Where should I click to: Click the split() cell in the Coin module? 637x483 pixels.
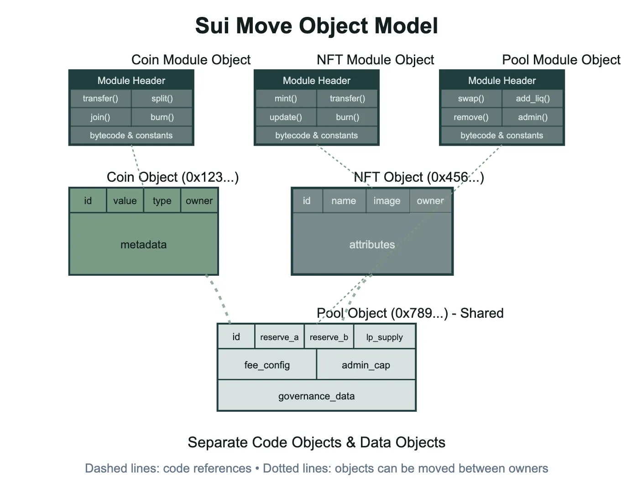[162, 99]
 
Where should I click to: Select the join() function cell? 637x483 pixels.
[100, 117]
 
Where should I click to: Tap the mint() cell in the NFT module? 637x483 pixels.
[286, 99]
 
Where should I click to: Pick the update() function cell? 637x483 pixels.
[286, 117]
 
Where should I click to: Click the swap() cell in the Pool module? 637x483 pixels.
[471, 99]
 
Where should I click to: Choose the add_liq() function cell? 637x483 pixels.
[533, 99]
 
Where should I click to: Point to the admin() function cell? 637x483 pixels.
[533, 117]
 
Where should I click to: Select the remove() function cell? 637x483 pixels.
[471, 117]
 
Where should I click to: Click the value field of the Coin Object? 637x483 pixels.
[125, 201]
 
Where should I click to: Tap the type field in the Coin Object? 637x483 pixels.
[162, 201]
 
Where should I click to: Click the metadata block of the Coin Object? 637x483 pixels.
[144, 245]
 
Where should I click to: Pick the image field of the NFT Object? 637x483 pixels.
[387, 201]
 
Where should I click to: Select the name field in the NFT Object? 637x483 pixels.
[344, 201]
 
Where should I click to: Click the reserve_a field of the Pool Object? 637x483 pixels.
[279, 337]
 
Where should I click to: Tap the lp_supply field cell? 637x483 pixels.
[384, 337]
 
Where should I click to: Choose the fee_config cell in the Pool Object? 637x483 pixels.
[267, 365]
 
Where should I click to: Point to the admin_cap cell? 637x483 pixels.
[366, 365]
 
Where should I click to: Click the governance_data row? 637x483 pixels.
[317, 396]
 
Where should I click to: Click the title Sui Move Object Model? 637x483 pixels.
[317, 26]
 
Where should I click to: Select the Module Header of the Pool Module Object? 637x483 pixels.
[502, 80]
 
